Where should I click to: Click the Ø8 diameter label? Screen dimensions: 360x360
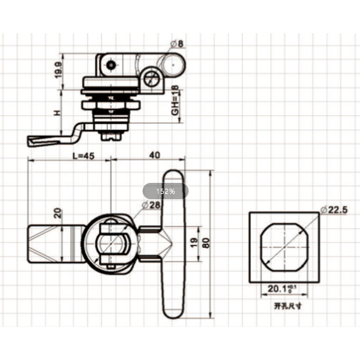coord(178,44)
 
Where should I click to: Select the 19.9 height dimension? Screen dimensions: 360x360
coord(59,71)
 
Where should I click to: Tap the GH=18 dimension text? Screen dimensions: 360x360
coord(175,101)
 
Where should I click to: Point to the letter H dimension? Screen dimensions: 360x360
coord(58,113)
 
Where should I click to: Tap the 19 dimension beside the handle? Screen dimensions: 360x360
coord(194,243)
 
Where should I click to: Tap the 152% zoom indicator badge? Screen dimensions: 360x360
coord(166,191)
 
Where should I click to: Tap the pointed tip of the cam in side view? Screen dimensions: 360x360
coord(30,141)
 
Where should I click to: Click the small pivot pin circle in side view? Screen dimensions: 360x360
coord(112,64)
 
